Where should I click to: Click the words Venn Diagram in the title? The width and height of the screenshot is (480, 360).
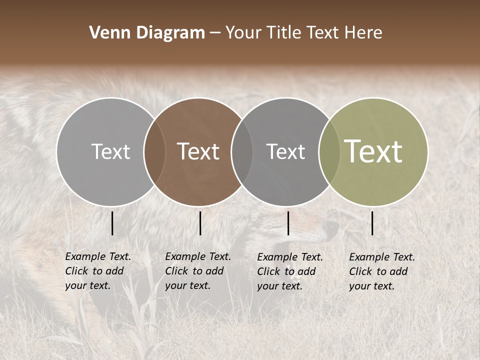(x=147, y=33)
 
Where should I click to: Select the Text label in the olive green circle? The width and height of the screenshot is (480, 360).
(x=373, y=151)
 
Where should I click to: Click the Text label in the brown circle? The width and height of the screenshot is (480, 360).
(x=198, y=151)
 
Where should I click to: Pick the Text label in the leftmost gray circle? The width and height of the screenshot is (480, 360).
(x=110, y=151)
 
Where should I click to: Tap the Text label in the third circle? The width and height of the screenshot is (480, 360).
(x=285, y=151)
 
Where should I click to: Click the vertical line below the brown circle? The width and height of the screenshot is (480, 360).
(x=200, y=223)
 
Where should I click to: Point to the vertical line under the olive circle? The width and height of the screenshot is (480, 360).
(x=372, y=223)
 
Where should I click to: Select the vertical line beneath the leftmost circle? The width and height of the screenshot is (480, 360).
(x=112, y=223)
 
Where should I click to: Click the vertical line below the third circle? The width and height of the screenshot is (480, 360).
(x=288, y=223)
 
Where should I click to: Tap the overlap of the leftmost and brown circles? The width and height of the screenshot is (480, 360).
(x=154, y=151)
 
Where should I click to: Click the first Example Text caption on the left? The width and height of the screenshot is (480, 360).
(x=98, y=271)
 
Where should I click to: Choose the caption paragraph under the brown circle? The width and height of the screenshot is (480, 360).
(x=198, y=271)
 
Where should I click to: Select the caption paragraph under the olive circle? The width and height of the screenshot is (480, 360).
(x=382, y=271)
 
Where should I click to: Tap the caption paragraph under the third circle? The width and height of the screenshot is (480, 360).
(x=290, y=271)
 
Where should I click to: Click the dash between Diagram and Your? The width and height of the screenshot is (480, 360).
(x=214, y=33)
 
